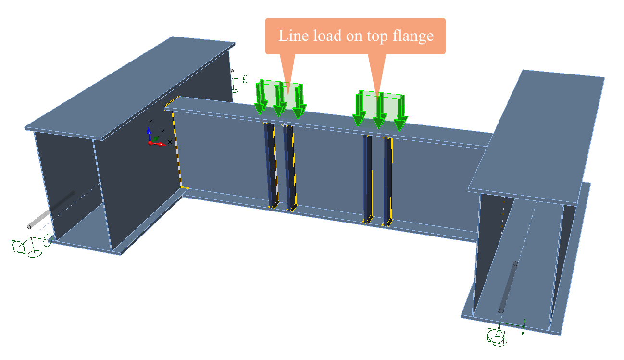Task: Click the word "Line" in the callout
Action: click(x=292, y=36)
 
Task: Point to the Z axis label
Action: click(x=150, y=122)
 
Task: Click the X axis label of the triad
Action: click(x=170, y=142)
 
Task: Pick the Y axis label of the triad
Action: click(x=162, y=132)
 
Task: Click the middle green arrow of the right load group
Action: click(x=379, y=113)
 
